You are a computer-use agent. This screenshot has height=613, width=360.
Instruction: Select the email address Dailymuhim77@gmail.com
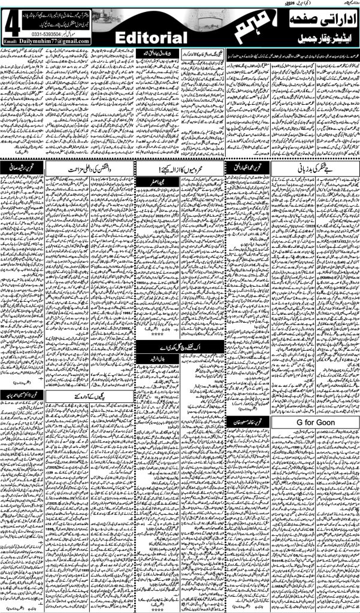tap(55, 41)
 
